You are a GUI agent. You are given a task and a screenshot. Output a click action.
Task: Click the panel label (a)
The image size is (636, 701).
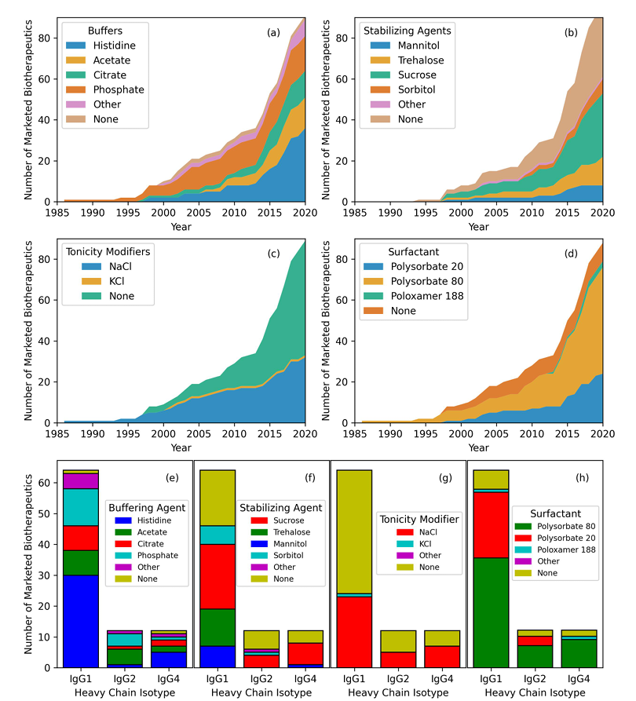(273, 32)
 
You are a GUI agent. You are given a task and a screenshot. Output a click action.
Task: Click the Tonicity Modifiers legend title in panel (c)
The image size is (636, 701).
(108, 251)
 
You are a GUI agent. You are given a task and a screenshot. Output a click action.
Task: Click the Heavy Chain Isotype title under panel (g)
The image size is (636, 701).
(398, 693)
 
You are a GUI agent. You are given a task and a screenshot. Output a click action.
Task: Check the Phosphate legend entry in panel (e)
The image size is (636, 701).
(155, 554)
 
